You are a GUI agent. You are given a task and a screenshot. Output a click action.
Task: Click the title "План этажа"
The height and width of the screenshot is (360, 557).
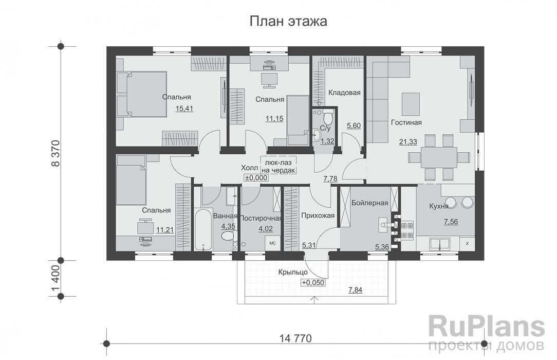click(x=288, y=22)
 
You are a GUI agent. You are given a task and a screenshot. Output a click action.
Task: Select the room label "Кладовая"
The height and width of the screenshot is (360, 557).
click(x=344, y=93)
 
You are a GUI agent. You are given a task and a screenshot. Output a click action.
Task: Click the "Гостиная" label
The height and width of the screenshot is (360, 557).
click(x=406, y=122)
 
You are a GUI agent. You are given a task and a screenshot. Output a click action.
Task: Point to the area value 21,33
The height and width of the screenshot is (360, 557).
click(x=408, y=141)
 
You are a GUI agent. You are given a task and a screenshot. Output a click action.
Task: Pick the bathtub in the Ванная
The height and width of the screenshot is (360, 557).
click(x=202, y=229)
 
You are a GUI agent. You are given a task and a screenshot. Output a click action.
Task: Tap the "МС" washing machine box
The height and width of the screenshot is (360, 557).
click(x=273, y=242)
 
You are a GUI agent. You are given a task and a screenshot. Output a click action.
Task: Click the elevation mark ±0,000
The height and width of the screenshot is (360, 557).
click(x=256, y=177)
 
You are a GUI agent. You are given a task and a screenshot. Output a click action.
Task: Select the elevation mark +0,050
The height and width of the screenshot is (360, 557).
click(x=313, y=282)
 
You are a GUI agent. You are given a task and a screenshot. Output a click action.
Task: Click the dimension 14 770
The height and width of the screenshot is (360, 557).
click(x=295, y=338)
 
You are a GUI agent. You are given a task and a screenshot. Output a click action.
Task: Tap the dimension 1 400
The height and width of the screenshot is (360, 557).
click(x=55, y=278)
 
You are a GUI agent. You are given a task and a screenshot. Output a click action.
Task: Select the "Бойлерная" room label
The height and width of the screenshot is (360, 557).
click(x=369, y=203)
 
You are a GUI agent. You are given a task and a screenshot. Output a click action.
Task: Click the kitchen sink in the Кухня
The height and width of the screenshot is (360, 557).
click(x=438, y=244)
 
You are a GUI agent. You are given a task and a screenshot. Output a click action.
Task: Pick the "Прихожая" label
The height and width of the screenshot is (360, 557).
click(x=318, y=216)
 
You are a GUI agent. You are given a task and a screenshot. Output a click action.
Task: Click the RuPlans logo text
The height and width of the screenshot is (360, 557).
click(x=486, y=327)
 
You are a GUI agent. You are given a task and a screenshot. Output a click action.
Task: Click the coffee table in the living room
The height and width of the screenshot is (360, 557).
click(x=410, y=103)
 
